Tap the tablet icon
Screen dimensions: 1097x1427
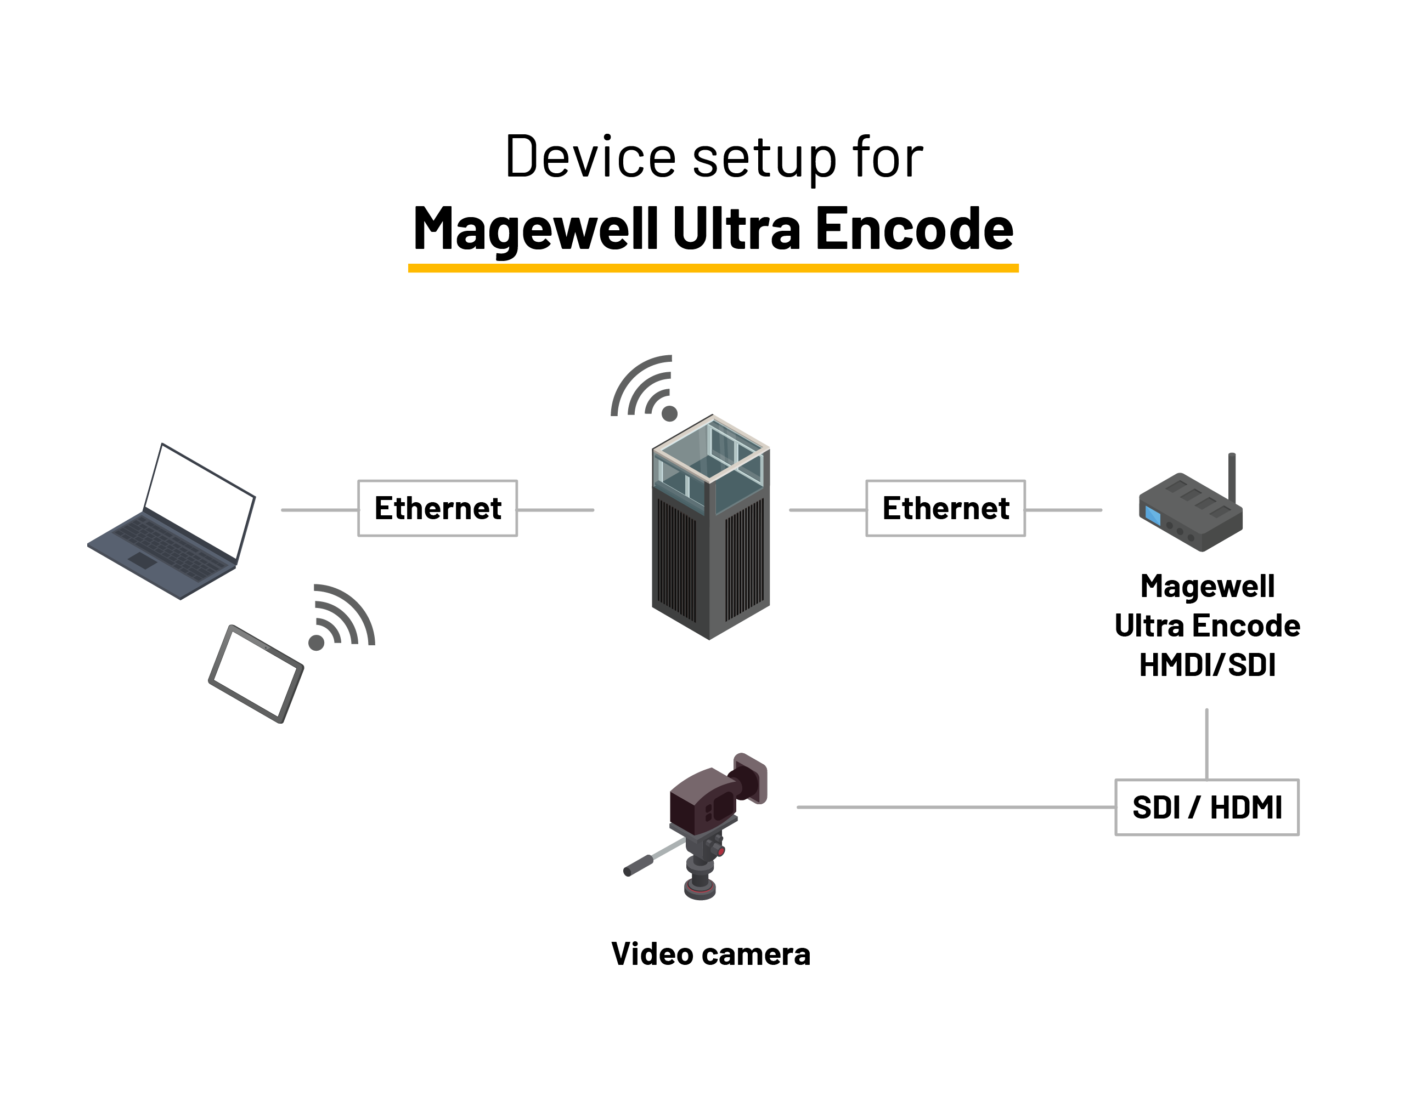256,673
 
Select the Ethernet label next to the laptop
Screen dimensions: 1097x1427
438,509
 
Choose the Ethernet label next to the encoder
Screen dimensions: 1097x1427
945,509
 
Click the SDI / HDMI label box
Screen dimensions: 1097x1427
1207,807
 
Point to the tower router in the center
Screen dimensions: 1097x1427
711,529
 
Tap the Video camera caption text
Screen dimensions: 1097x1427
711,954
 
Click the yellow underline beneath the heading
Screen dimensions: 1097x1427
713,268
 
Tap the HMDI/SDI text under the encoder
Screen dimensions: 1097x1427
1207,666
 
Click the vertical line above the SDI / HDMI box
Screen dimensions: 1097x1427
1207,744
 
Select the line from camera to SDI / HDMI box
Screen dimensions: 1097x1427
954,807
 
